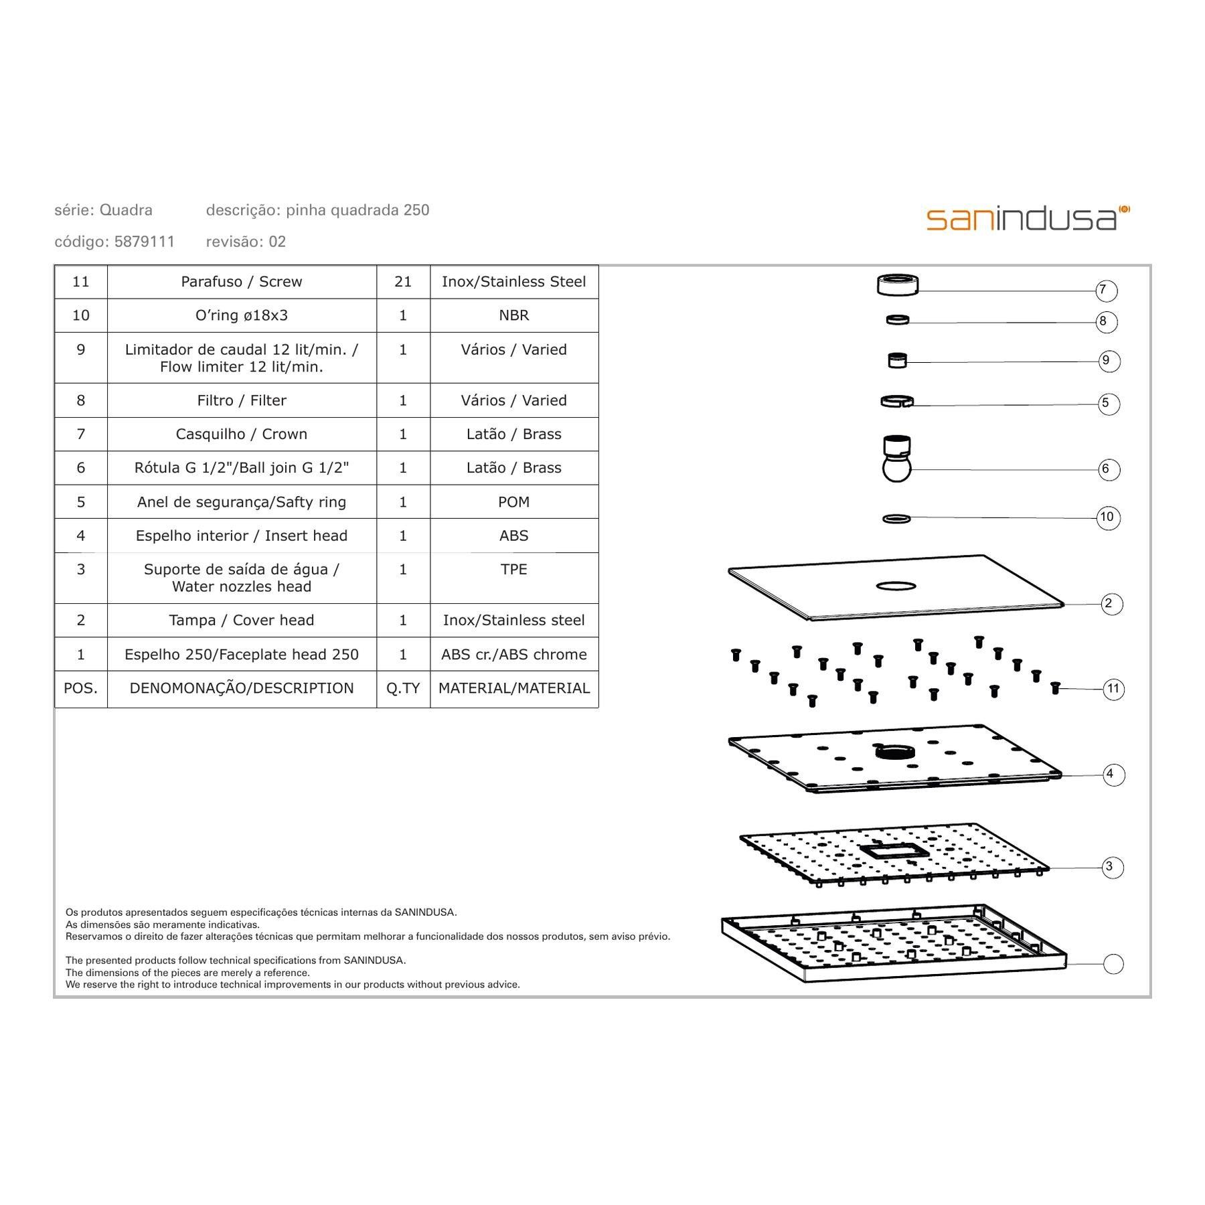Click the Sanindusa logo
point(1028,219)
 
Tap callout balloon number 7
point(1106,291)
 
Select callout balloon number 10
point(1108,517)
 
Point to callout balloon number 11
point(1113,689)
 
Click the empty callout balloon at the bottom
point(1113,964)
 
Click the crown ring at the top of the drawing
point(898,285)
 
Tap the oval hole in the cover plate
point(896,586)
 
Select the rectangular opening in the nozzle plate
point(894,852)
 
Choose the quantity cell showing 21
point(403,282)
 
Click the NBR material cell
point(514,315)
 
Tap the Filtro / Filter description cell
point(242,400)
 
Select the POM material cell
point(514,502)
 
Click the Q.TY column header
point(403,688)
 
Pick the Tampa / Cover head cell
point(242,621)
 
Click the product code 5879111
point(145,242)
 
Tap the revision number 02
point(277,242)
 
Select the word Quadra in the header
point(126,210)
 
